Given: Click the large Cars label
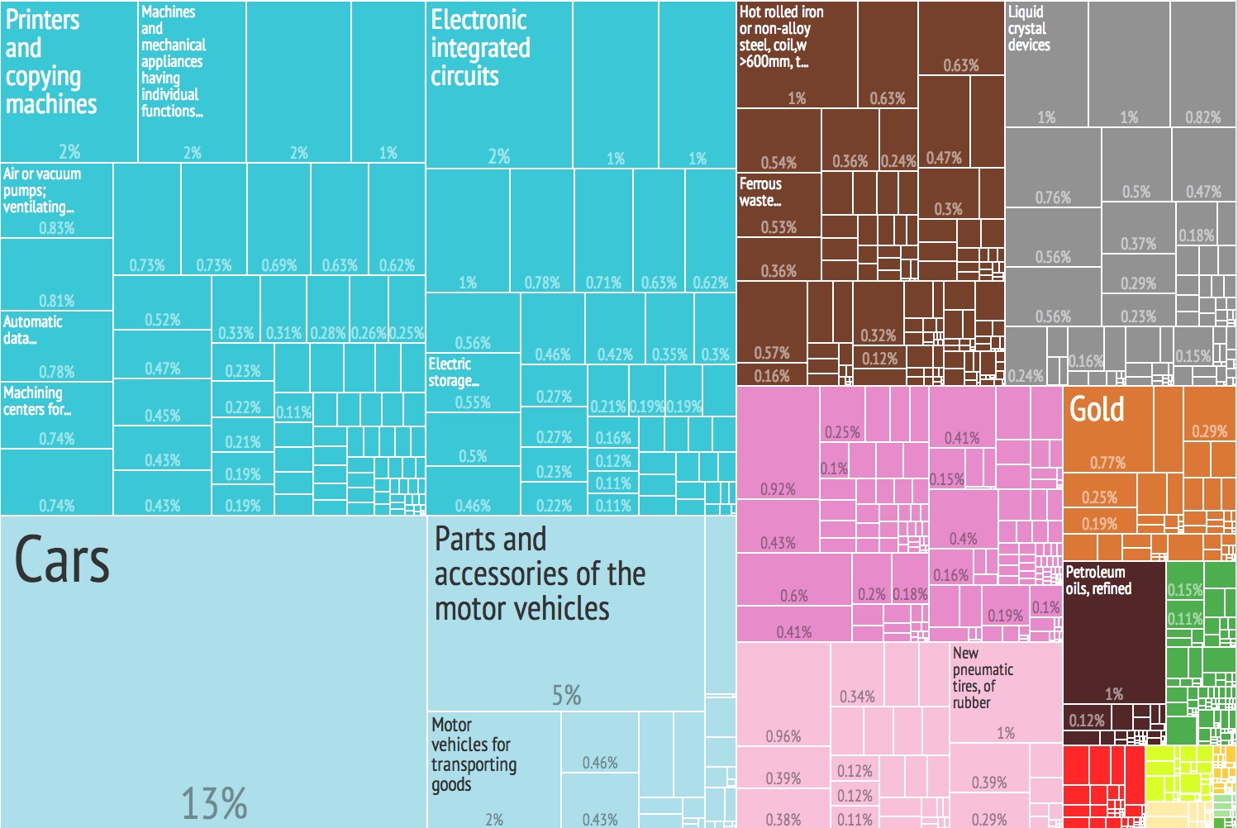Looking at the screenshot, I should (62, 560).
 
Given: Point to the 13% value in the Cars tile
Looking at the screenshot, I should (214, 803).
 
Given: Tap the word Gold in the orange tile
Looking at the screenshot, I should (1097, 409).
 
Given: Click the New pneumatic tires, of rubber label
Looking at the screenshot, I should (983, 678).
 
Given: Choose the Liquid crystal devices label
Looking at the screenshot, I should (1028, 28).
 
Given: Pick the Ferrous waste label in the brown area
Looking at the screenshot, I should (760, 192).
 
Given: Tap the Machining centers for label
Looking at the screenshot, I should (36, 401).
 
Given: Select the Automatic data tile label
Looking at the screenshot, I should (32, 330).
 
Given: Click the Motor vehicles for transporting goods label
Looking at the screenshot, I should (474, 754).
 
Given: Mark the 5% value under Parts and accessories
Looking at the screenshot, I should (567, 695).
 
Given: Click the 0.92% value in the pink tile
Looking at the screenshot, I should (778, 489).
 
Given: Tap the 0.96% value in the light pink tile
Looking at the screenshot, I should (783, 735).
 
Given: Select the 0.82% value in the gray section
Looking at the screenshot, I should (1202, 117).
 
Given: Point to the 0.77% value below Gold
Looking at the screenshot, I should (1107, 463).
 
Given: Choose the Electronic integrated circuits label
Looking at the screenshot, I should (479, 48).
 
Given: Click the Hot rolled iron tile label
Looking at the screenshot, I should (781, 36).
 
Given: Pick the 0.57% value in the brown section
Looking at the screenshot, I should (771, 353).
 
